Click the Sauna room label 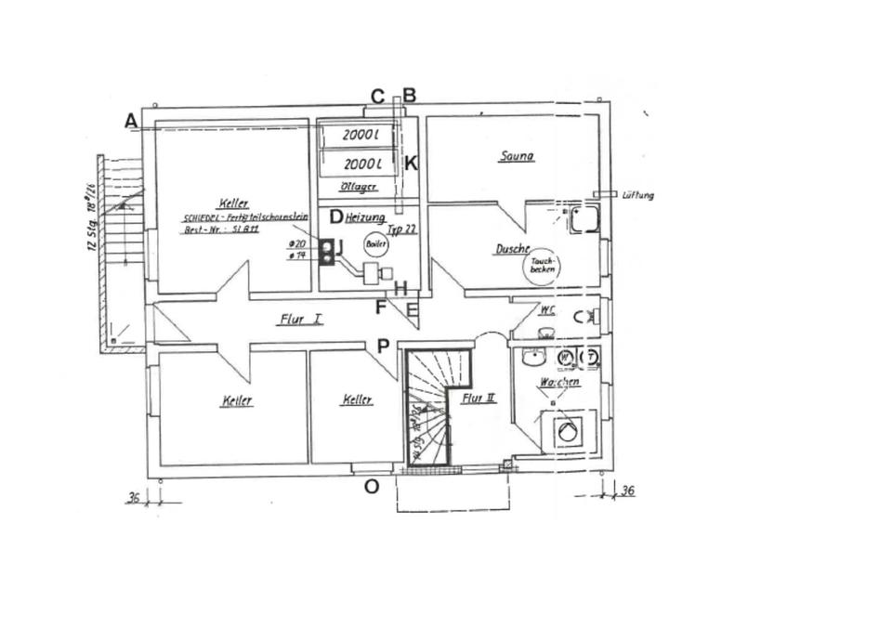[517, 156]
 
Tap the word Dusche [512, 249]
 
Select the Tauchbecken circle [542, 266]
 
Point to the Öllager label [358, 187]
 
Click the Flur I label [300, 319]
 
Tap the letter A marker [131, 121]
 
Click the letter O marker [371, 486]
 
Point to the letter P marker [383, 347]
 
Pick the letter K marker [411, 164]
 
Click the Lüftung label [638, 195]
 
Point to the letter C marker [377, 97]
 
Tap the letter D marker [336, 217]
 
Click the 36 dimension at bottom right [627, 490]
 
